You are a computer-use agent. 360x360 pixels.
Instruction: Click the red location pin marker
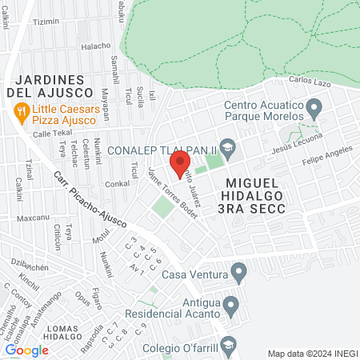(x=180, y=164)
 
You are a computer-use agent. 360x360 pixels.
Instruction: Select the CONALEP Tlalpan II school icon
(x=228, y=146)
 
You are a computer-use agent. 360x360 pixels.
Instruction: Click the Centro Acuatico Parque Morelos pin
(x=314, y=106)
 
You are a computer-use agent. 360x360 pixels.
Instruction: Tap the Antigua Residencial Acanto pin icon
(x=231, y=304)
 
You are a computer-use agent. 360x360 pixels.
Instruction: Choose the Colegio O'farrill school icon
(x=228, y=345)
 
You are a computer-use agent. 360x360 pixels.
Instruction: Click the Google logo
(x=26, y=350)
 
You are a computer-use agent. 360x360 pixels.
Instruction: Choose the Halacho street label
(x=96, y=46)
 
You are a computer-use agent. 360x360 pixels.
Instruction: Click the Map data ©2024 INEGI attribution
(x=310, y=353)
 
